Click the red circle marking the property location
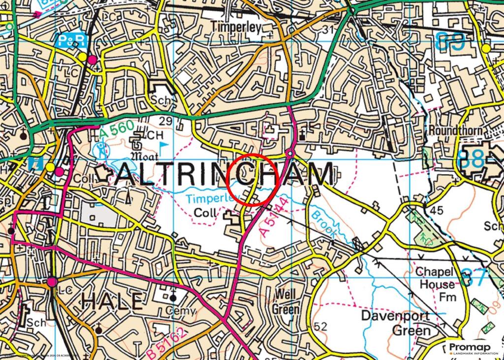[253, 180]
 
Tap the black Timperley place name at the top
[236, 27]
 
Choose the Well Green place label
[285, 301]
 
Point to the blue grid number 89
[451, 41]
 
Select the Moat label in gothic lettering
[143, 157]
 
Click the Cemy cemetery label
[180, 311]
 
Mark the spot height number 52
[320, 326]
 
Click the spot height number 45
[437, 211]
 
